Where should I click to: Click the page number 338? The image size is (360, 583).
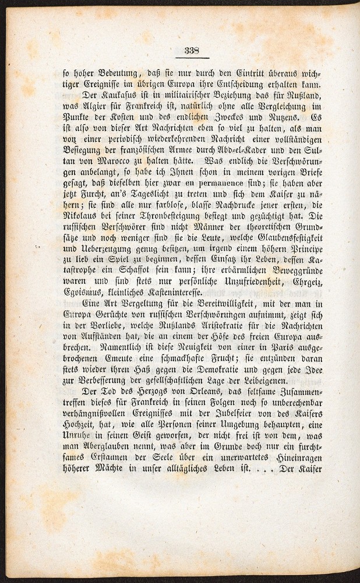[x=192, y=50]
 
